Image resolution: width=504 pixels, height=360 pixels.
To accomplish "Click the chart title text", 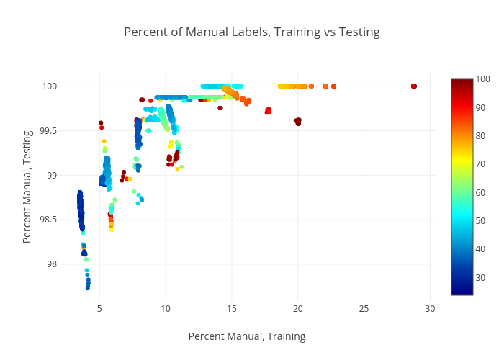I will coord(251,32).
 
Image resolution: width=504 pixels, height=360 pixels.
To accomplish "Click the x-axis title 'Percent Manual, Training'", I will coord(246,336).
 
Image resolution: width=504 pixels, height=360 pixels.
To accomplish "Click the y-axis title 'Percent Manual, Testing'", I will coord(27,186).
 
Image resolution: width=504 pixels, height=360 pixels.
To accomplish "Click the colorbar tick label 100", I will coord(483,79).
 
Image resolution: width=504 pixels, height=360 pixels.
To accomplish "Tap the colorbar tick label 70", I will coord(481,164).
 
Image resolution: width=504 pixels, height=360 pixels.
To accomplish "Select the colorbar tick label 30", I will coord(481,277).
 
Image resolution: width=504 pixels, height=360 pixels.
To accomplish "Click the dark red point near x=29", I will coord(414,86).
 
